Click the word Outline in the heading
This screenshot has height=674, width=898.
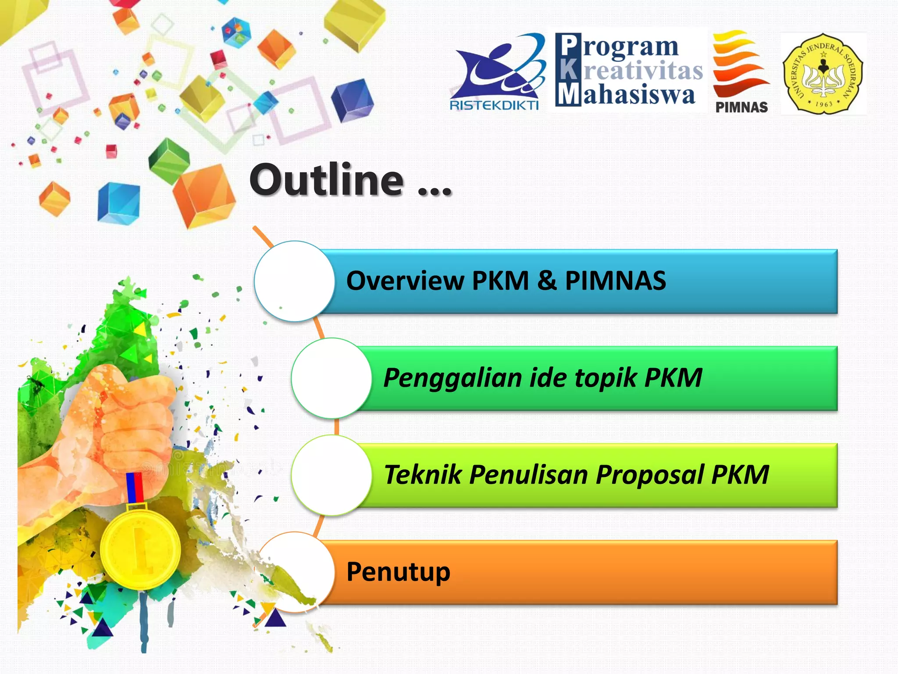pyautogui.click(x=327, y=180)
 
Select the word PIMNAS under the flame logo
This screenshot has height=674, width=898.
pyautogui.click(x=741, y=108)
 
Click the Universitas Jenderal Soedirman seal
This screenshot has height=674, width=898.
pyautogui.click(x=823, y=74)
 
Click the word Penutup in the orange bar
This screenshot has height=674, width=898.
pyautogui.click(x=398, y=572)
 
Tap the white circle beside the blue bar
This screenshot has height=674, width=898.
pyautogui.click(x=295, y=281)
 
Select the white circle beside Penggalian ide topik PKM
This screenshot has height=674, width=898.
pyautogui.click(x=332, y=378)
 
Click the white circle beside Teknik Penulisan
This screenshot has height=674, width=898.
pyautogui.click(x=332, y=475)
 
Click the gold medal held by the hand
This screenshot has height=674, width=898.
pyautogui.click(x=140, y=549)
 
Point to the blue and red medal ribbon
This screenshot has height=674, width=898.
pyautogui.click(x=135, y=487)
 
